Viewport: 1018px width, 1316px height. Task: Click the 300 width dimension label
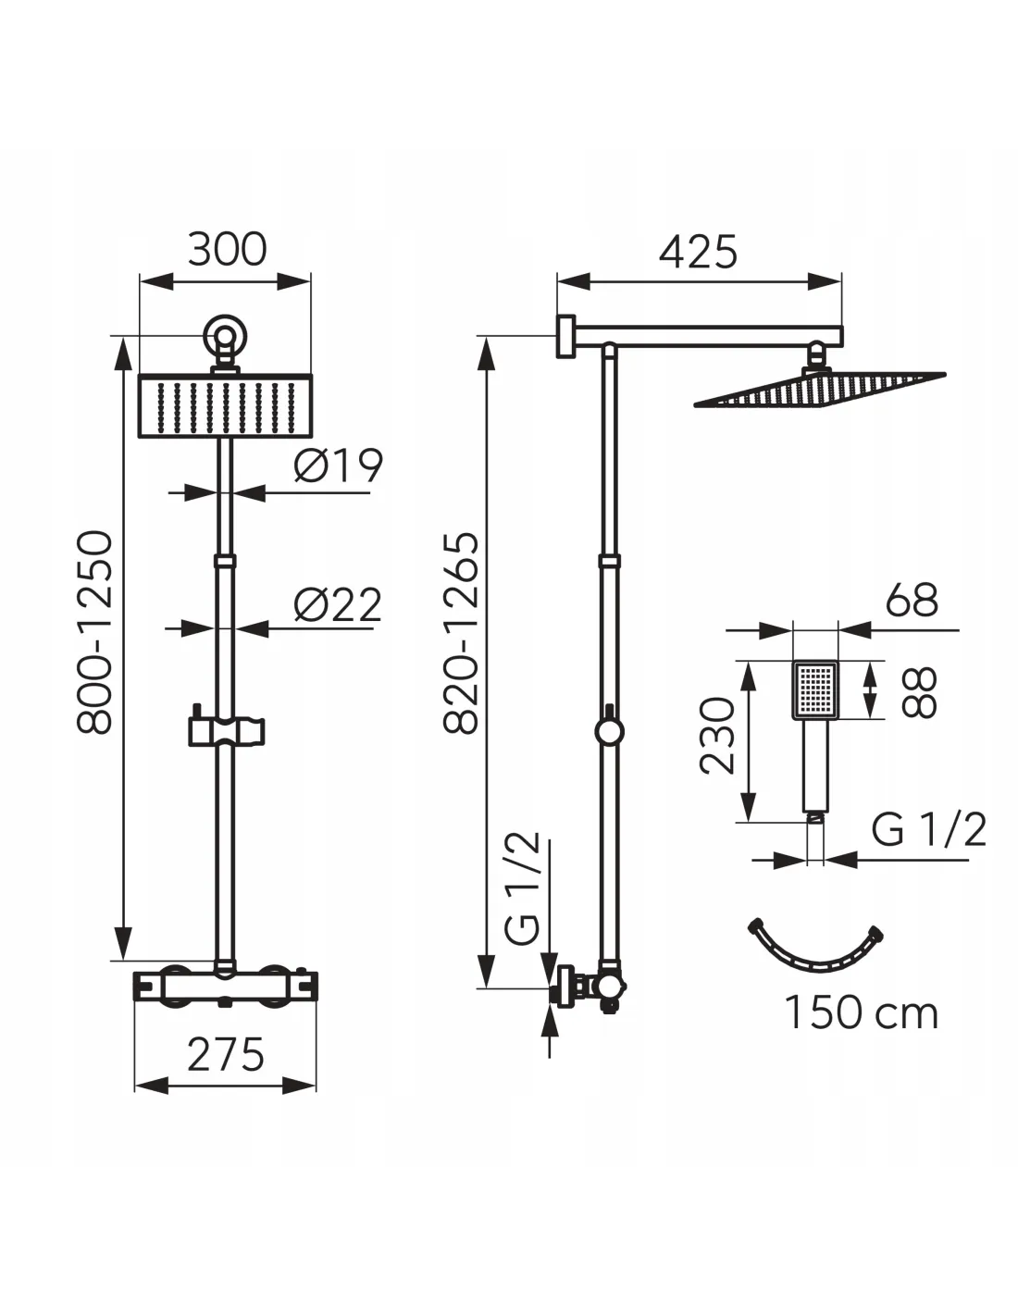pyautogui.click(x=227, y=249)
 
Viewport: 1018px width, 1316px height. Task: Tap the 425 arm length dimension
pyautogui.click(x=698, y=252)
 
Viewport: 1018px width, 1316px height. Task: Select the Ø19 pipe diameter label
pyautogui.click(x=338, y=466)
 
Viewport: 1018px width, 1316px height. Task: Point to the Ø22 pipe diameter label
pyautogui.click(x=337, y=603)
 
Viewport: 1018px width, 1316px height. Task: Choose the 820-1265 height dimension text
pyautogui.click(x=462, y=633)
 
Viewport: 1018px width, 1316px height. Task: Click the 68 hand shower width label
pyautogui.click(x=912, y=601)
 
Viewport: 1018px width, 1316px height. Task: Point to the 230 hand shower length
pyautogui.click(x=717, y=737)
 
